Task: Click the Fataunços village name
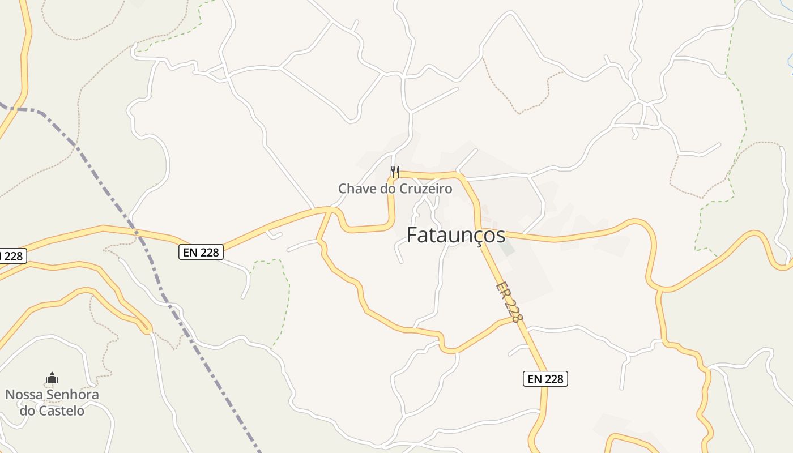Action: (x=456, y=235)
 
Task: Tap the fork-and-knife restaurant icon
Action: (x=395, y=171)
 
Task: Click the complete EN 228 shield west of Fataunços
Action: (x=201, y=252)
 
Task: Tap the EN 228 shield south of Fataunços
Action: (x=545, y=379)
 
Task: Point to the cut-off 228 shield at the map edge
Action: (x=11, y=256)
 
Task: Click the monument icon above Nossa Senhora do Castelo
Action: (x=52, y=378)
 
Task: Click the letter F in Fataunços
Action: (x=413, y=235)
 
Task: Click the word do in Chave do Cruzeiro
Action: (x=388, y=189)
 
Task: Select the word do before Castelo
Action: (x=27, y=411)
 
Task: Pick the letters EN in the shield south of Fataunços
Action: (x=535, y=379)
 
